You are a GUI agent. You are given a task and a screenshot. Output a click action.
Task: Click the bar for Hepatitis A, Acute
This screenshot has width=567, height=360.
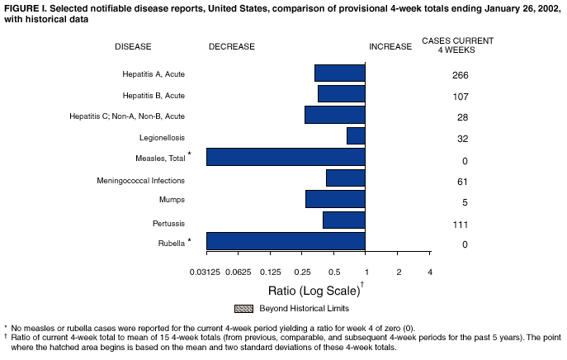click(340, 73)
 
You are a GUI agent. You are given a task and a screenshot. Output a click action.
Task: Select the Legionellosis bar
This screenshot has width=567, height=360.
click(356, 135)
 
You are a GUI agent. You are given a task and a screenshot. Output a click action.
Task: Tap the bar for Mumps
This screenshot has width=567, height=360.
click(335, 199)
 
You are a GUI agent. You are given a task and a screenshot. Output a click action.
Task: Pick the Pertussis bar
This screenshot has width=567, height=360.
click(344, 220)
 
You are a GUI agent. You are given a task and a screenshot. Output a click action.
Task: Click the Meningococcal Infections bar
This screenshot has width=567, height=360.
click(346, 178)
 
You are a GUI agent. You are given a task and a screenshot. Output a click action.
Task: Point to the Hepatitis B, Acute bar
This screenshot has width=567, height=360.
click(342, 93)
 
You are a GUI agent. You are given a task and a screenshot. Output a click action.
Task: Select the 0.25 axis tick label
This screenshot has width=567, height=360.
click(302, 272)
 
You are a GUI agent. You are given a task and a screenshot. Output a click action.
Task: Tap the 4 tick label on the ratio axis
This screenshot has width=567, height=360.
click(430, 272)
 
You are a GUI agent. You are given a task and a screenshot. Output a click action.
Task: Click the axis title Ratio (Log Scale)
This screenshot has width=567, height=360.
click(314, 291)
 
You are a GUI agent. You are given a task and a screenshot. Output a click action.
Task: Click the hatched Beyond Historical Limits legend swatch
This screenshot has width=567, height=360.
click(244, 309)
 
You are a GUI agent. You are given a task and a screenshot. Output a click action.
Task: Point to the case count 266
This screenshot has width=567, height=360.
click(461, 76)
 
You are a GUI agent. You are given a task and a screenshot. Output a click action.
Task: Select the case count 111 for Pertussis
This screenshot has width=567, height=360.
click(461, 225)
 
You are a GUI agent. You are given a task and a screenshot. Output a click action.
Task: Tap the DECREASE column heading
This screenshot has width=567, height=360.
click(232, 47)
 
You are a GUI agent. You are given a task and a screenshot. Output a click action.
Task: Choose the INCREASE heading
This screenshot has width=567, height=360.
click(390, 47)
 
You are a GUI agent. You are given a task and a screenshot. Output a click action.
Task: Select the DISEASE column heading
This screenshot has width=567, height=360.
click(133, 47)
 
